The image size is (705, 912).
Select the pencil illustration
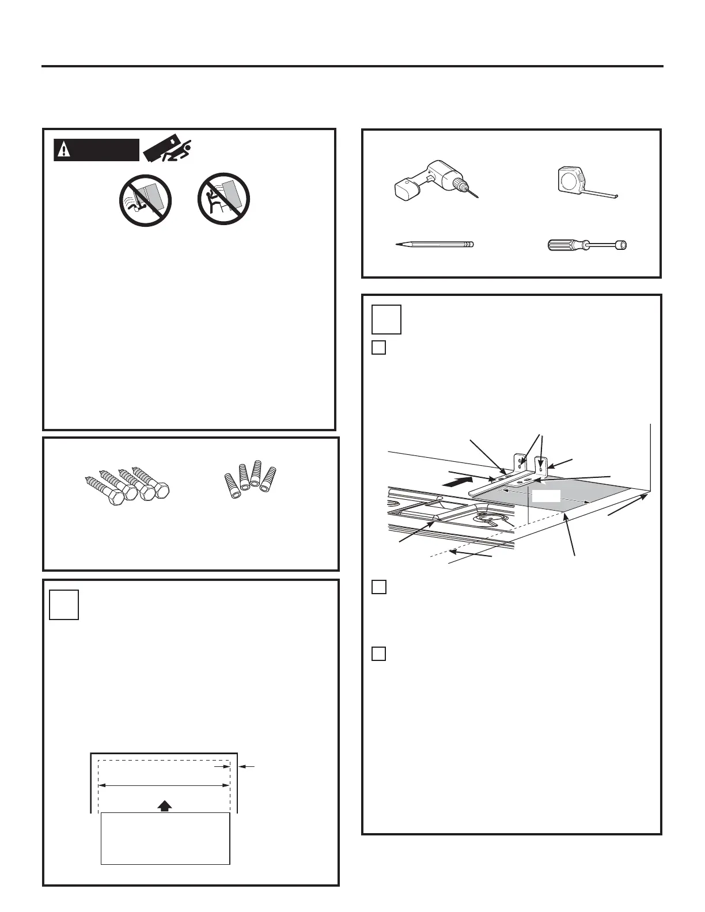[x=435, y=244]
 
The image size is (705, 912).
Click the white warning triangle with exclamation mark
[x=63, y=150]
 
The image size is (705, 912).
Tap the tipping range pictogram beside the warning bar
[x=169, y=150]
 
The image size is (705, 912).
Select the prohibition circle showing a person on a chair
[x=223, y=200]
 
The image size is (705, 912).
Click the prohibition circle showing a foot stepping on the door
[x=146, y=200]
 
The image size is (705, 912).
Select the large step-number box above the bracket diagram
[x=386, y=320]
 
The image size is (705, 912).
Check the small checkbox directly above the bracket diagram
[x=378, y=348]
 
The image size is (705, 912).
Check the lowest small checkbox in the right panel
[x=378, y=654]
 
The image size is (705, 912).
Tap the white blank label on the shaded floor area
[x=545, y=496]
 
